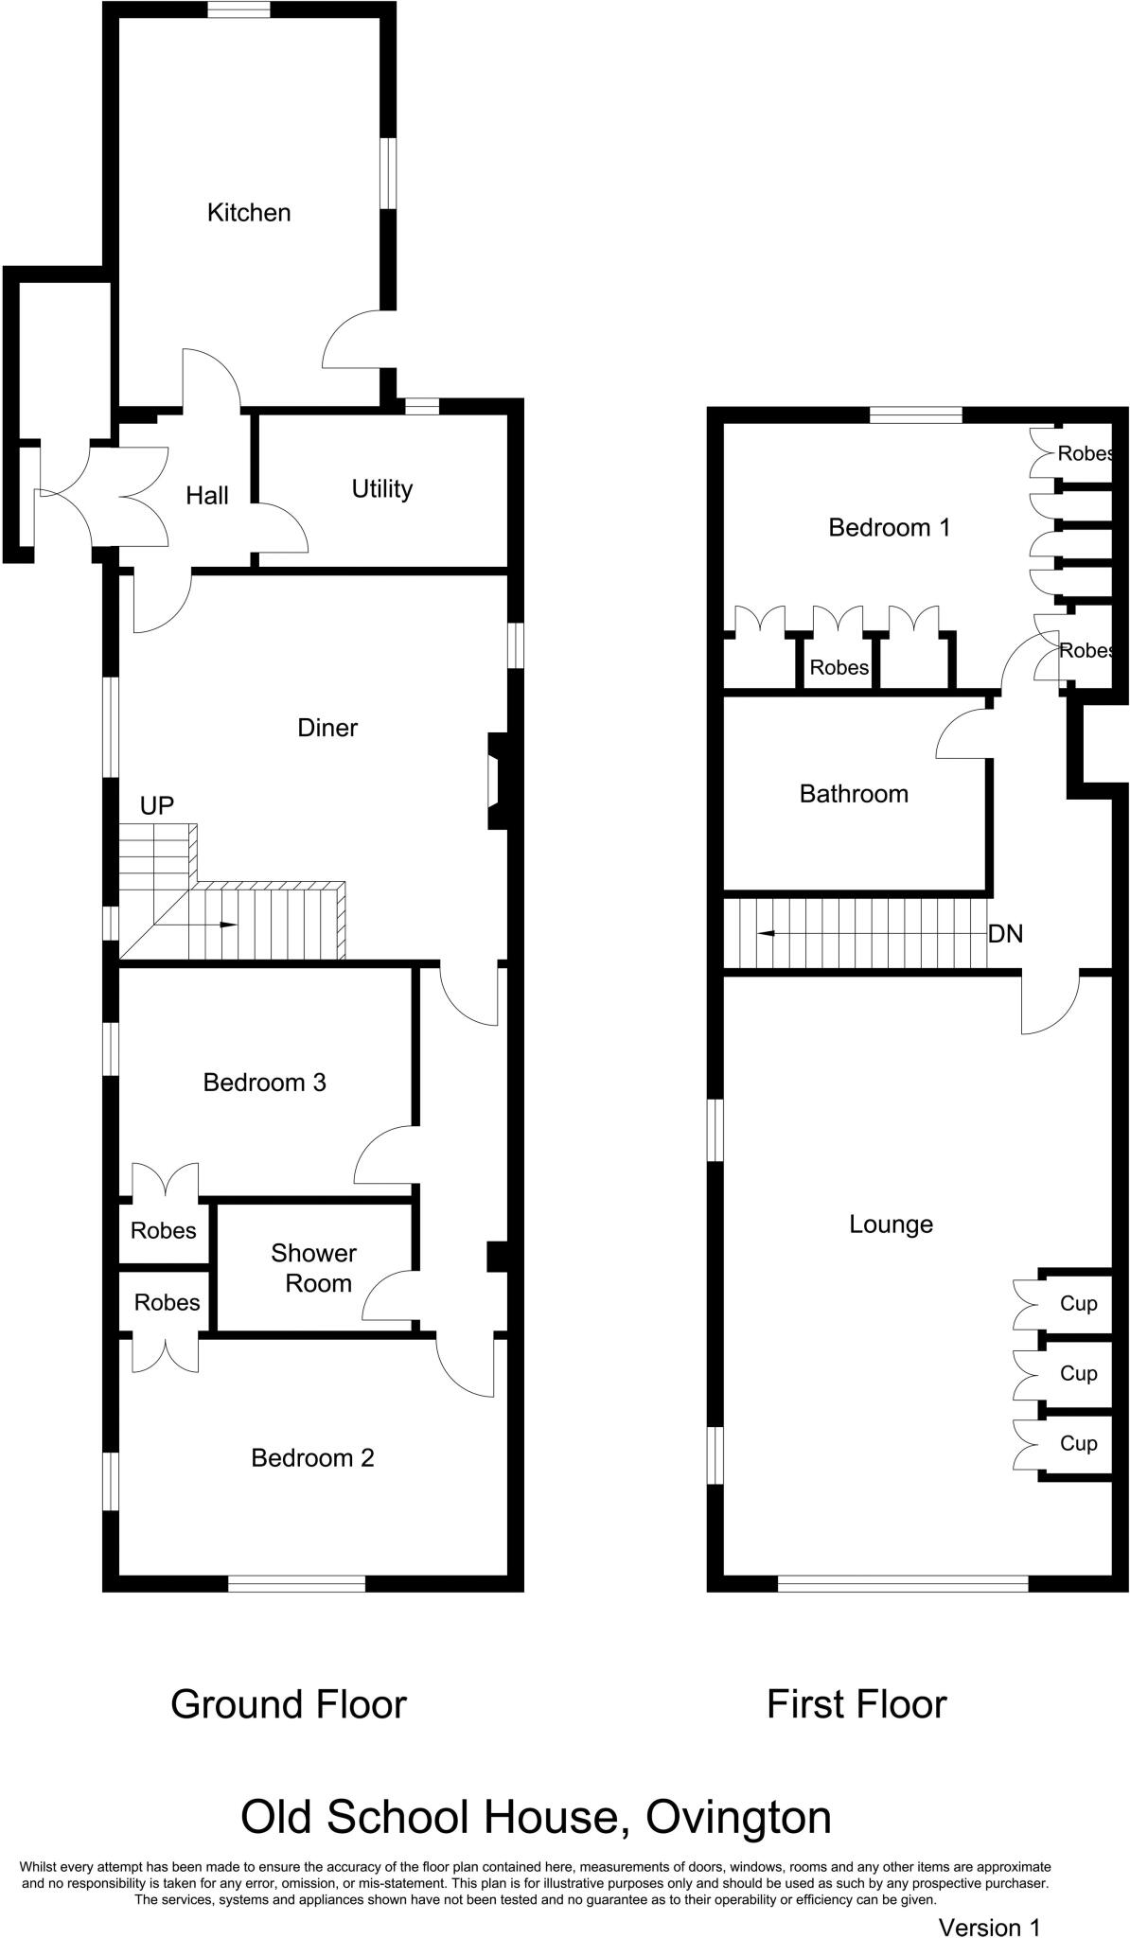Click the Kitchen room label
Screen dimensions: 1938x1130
(x=249, y=213)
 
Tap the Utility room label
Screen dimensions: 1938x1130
(x=382, y=489)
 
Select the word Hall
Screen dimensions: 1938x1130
(x=207, y=495)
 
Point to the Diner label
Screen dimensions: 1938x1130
(x=327, y=728)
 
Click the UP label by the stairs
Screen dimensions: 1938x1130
(x=157, y=805)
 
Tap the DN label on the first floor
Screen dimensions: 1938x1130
(x=1005, y=934)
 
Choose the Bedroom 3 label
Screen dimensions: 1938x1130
(x=265, y=1083)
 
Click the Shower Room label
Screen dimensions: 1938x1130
(x=313, y=1268)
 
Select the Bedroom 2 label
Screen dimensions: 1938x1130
(x=312, y=1458)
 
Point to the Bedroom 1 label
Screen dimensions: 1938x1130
(x=889, y=527)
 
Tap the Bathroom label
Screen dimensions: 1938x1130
(x=854, y=794)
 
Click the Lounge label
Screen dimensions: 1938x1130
(x=891, y=1224)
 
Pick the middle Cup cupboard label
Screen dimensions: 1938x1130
(x=1078, y=1373)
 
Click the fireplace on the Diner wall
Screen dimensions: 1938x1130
(x=497, y=781)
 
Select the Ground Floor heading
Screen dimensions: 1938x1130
(x=289, y=1704)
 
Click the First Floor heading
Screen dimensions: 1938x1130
(x=856, y=1704)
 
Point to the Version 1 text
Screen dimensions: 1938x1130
(x=989, y=1920)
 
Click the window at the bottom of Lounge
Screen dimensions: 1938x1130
(x=903, y=1582)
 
